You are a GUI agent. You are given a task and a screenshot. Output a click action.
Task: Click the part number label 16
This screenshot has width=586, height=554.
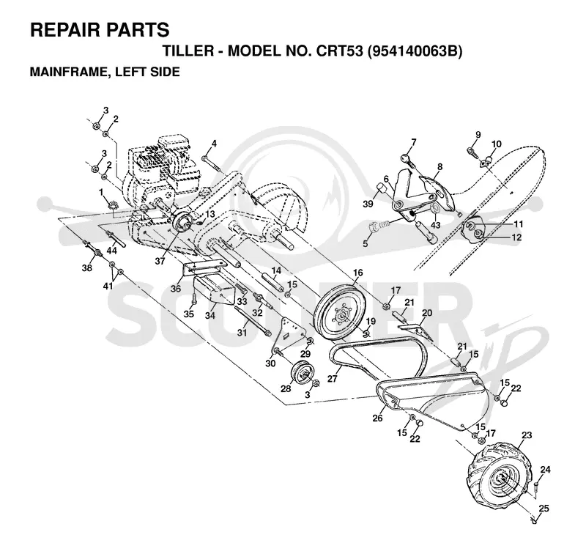[x=357, y=273]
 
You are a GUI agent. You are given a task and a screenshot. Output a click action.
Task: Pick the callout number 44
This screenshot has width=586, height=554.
[x=112, y=250]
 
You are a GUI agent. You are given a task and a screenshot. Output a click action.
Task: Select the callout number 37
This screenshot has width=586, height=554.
[x=160, y=262]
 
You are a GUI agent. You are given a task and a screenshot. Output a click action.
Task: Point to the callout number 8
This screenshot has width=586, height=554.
[x=440, y=166]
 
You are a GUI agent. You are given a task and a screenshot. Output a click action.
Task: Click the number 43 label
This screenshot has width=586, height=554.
[x=436, y=225]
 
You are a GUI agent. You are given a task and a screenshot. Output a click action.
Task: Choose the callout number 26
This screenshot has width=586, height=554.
[x=377, y=418]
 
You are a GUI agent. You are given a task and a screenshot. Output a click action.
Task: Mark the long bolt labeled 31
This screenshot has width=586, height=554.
[x=253, y=320]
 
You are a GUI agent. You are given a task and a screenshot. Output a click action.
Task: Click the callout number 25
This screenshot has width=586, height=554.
[x=544, y=509]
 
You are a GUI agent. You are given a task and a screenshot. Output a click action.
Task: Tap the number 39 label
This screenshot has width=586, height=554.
[x=368, y=204]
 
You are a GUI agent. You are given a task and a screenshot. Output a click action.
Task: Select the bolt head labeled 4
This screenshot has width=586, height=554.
[x=204, y=158]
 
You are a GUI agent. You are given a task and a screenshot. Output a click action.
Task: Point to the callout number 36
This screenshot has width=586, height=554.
[x=176, y=288]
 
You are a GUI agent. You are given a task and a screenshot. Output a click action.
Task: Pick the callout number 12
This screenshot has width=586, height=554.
[x=517, y=237]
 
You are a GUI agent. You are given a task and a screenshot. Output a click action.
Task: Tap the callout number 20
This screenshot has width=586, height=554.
[x=427, y=312]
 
